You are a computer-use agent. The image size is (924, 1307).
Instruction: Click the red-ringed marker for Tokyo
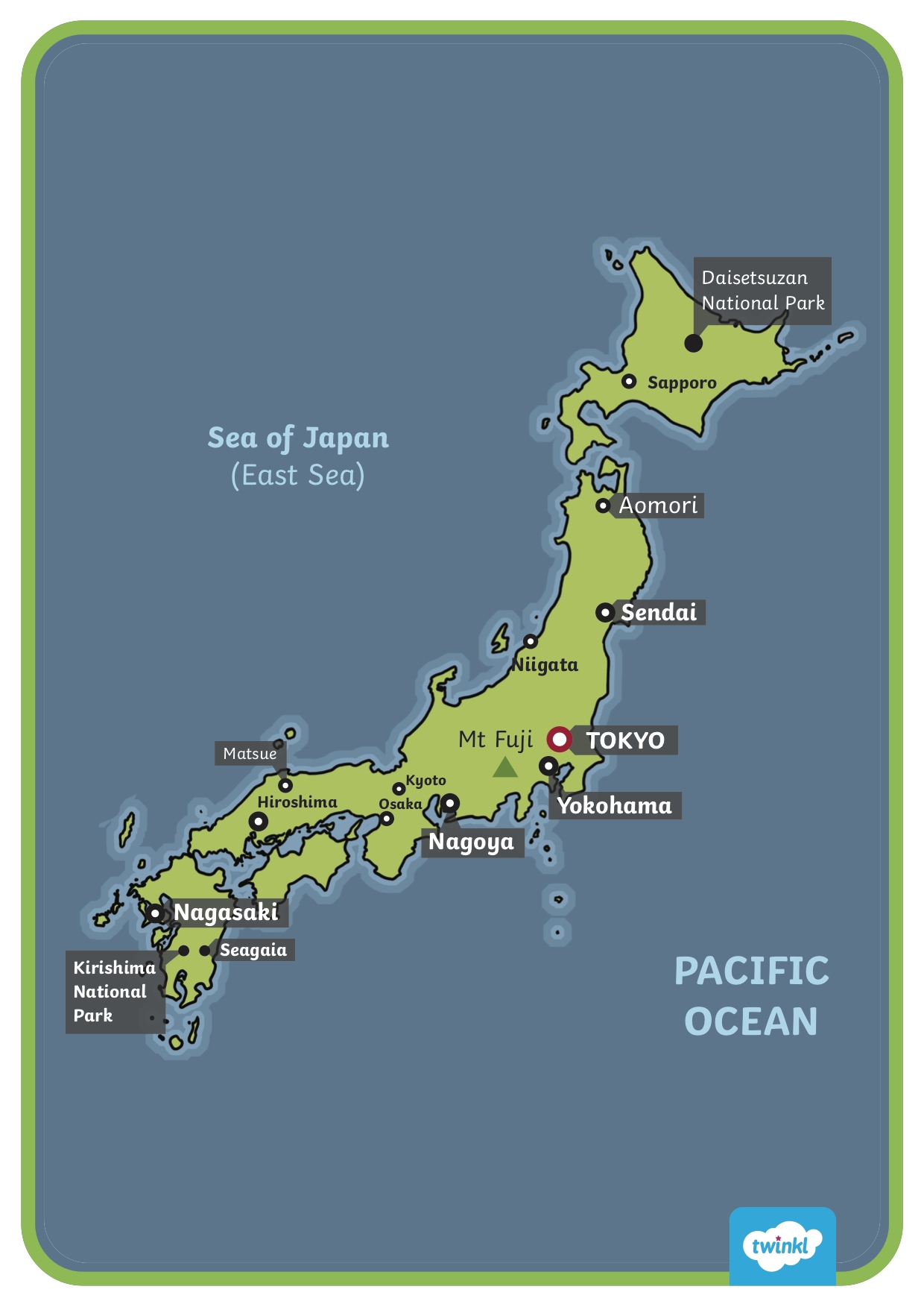pyautogui.click(x=559, y=740)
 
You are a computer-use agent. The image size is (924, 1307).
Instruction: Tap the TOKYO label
pyautogui.click(x=624, y=740)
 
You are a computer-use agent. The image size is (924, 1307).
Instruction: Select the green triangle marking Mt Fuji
pyautogui.click(x=505, y=768)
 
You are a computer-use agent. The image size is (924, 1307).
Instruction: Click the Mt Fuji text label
pyautogui.click(x=496, y=740)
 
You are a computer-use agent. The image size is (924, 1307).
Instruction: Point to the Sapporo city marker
pyautogui.click(x=629, y=381)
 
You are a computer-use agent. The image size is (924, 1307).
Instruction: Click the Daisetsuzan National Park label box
pyautogui.click(x=762, y=291)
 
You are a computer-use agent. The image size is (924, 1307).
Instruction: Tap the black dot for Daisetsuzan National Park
pyautogui.click(x=693, y=343)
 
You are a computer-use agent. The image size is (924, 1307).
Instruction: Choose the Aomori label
pyautogui.click(x=658, y=506)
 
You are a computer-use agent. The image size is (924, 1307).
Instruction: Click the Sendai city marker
pyautogui.click(x=605, y=613)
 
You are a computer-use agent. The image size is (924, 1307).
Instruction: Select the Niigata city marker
pyautogui.click(x=530, y=641)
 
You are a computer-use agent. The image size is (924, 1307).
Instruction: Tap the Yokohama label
pyautogui.click(x=615, y=806)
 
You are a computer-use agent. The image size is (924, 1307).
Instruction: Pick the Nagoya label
pyautogui.click(x=471, y=842)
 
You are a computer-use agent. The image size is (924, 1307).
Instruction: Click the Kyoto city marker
pyautogui.click(x=399, y=789)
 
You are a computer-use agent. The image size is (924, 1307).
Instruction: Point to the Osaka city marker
pyautogui.click(x=387, y=819)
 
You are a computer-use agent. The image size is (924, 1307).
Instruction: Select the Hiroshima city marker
pyautogui.click(x=259, y=822)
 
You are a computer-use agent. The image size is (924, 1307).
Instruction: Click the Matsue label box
pyautogui.click(x=250, y=754)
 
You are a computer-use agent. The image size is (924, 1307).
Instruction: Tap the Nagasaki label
pyautogui.click(x=226, y=913)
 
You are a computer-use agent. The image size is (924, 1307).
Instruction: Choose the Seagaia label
pyautogui.click(x=253, y=950)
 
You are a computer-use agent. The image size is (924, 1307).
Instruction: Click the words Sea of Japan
pyautogui.click(x=298, y=438)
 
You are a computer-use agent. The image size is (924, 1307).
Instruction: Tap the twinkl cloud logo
pyautogui.click(x=782, y=1246)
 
